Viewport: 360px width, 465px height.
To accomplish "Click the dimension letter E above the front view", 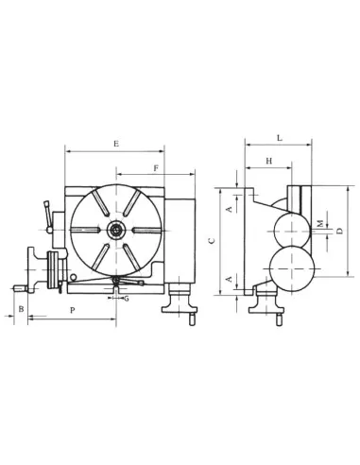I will click(114, 144).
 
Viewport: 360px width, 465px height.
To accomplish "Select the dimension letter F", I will click(154, 167).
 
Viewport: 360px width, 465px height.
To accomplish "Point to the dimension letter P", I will click(72, 309).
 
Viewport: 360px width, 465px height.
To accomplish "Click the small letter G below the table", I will click(127, 298).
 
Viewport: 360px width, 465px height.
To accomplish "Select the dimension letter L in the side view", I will click(279, 138).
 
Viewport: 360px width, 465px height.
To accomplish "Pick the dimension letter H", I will click(269, 162).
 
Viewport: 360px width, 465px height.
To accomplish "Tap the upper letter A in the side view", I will click(227, 207).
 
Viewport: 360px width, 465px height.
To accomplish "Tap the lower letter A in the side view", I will click(227, 279).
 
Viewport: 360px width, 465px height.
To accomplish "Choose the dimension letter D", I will click(339, 231).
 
